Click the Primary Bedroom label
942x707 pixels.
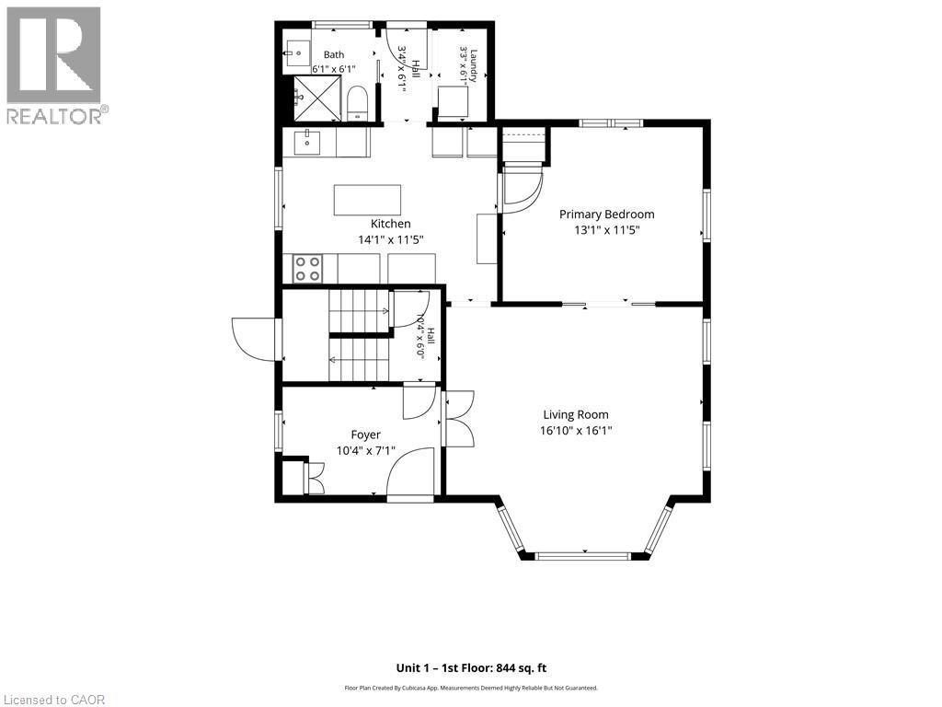(x=607, y=214)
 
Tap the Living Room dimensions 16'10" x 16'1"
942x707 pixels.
(x=576, y=431)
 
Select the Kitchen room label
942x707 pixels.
(x=390, y=224)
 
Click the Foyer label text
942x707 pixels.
(x=365, y=435)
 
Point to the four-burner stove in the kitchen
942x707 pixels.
(x=307, y=269)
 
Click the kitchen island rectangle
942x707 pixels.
(x=367, y=200)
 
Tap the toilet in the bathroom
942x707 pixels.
(x=358, y=103)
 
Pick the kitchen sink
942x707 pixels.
(x=307, y=143)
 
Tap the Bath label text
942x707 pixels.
(x=334, y=54)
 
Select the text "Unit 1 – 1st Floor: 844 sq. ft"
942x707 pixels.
(x=471, y=668)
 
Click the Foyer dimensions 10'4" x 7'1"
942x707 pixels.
(x=365, y=450)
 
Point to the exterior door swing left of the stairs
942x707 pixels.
(x=254, y=339)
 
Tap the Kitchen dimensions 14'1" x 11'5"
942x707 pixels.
(x=391, y=239)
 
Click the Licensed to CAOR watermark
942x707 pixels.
(x=52, y=700)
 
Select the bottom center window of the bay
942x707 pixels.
(x=584, y=556)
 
